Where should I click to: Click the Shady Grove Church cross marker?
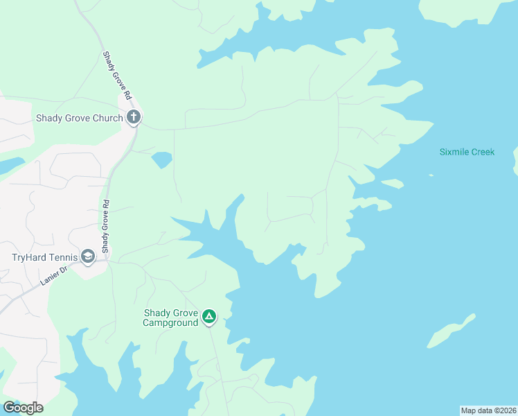coord(134,118)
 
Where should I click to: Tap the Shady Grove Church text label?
coord(79,118)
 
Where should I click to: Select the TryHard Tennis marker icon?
coord(88,257)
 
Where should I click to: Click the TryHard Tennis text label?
coord(43,257)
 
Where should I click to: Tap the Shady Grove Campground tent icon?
coord(209,318)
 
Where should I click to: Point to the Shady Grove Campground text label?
coord(170,318)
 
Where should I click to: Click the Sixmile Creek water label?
coord(467,152)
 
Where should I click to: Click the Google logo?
coord(23,408)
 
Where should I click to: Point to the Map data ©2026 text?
coord(488,410)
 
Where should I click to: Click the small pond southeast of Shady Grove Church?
coord(161,159)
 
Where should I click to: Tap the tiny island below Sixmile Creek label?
coord(431,175)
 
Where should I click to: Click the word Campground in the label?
coord(170,322)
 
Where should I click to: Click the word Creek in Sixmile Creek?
coord(482,152)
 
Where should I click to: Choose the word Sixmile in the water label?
coord(453,152)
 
